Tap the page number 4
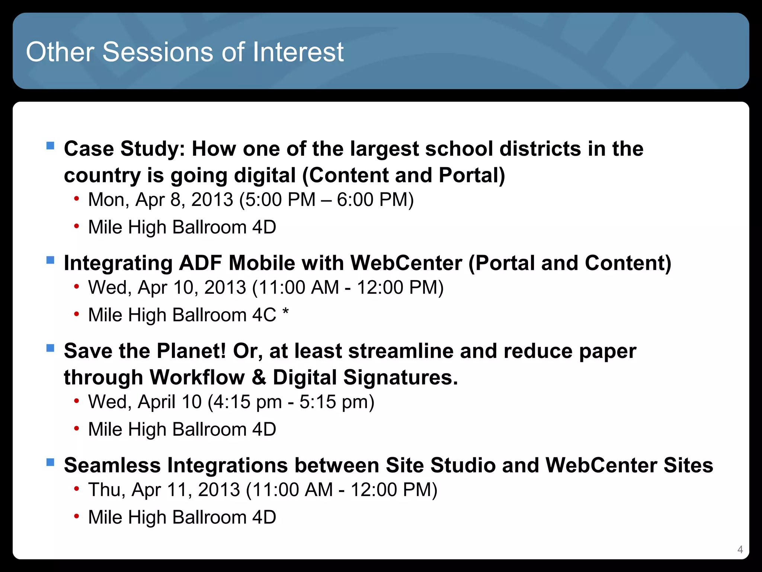point(740,549)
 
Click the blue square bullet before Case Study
point(50,145)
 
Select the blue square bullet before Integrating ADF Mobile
point(50,260)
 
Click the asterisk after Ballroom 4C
point(285,312)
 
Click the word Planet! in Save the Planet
point(191,351)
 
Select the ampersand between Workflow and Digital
point(259,377)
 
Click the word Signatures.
point(400,378)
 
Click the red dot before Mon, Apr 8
point(76,198)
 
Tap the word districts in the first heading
point(540,149)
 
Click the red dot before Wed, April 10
point(76,401)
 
